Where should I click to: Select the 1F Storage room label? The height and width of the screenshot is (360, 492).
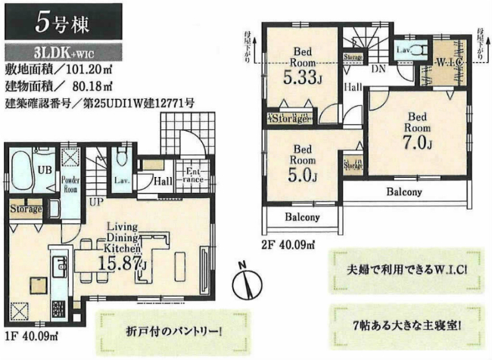coord(26,208)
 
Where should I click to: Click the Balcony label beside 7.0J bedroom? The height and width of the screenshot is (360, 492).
coord(403,192)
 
